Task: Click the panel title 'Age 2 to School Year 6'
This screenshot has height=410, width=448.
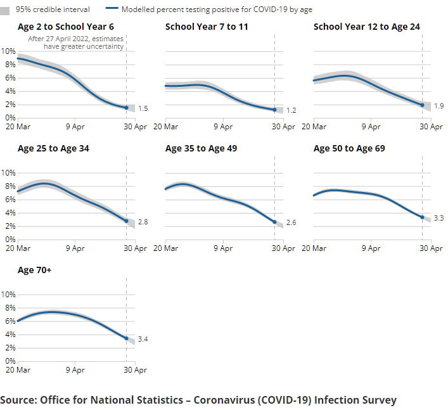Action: [x=66, y=27]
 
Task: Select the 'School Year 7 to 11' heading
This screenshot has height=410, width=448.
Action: [x=207, y=27]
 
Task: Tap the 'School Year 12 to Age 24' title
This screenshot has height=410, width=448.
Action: [x=366, y=27]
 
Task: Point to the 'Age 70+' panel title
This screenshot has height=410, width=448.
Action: [x=35, y=270]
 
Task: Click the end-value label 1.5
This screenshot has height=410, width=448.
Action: [x=143, y=109]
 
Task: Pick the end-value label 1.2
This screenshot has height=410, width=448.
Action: [x=291, y=110]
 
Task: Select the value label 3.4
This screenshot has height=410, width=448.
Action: [x=143, y=340]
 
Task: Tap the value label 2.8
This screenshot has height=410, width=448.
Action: [x=143, y=222]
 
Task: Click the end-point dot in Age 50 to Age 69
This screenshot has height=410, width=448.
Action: [x=423, y=217]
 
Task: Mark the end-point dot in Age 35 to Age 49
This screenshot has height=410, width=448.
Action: [x=274, y=222]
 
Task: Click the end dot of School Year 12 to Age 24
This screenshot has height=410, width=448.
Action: [x=423, y=105]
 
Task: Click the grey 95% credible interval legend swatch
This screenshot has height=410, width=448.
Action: [x=6, y=10]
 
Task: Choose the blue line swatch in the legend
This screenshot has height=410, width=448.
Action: [x=112, y=10]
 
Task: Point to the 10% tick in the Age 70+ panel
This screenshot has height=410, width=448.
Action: [x=8, y=294]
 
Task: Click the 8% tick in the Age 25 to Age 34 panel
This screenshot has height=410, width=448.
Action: [x=10, y=186]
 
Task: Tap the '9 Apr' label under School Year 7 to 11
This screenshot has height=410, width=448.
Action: [x=223, y=127]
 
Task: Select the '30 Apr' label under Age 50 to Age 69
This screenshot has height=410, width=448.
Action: [x=432, y=248]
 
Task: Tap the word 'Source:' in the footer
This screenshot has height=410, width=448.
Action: [x=18, y=400]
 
